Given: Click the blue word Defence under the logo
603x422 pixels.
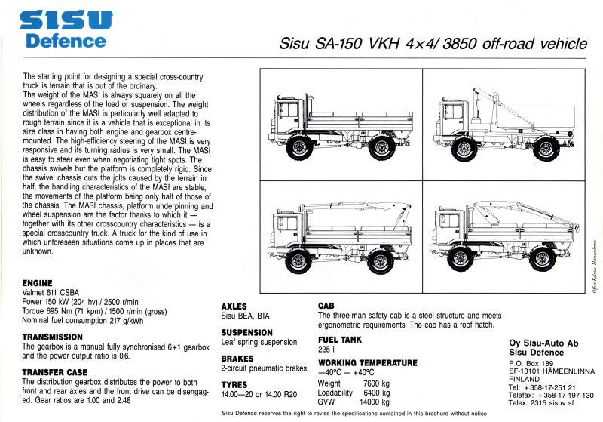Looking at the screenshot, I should coord(66,40).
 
